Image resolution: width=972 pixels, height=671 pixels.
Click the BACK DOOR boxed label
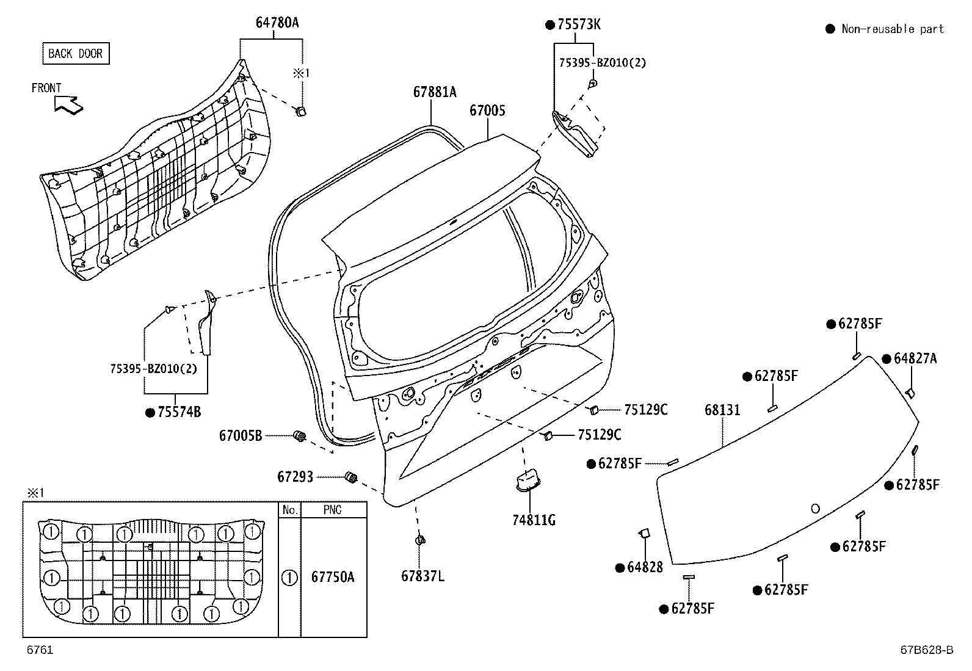(x=75, y=54)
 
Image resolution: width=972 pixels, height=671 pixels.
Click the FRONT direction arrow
(x=69, y=104)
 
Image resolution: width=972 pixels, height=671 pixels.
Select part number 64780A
(x=277, y=23)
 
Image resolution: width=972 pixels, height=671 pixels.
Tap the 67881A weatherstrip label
(x=434, y=92)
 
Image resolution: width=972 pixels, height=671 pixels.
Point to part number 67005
(x=487, y=111)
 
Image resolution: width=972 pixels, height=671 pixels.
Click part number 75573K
(x=578, y=24)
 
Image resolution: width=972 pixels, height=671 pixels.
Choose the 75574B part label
(x=179, y=412)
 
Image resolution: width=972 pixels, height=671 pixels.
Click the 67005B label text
(x=241, y=436)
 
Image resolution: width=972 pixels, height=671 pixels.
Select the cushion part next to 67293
(x=351, y=477)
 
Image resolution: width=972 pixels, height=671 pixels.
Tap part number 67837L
(x=423, y=576)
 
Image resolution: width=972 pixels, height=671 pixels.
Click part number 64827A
(x=914, y=358)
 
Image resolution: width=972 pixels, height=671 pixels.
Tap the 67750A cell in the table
(x=333, y=577)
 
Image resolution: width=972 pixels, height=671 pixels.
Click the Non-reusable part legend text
(x=892, y=29)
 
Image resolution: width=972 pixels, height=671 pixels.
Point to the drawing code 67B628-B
(x=926, y=650)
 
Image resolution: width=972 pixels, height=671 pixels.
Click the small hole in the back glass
(x=815, y=508)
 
